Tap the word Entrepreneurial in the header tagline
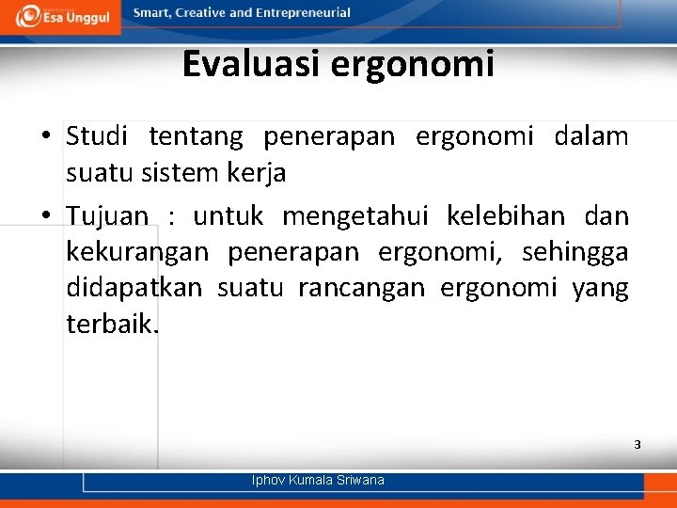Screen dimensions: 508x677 (301, 13)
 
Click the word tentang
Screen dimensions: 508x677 (196, 137)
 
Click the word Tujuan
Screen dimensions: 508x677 (107, 216)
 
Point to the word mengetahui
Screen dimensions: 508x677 (355, 217)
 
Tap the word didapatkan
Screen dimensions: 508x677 (134, 288)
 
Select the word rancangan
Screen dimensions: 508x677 (361, 289)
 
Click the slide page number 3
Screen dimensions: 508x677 (637, 444)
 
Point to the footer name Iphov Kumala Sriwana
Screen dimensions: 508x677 (318, 481)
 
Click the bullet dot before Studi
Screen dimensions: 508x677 (46, 137)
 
